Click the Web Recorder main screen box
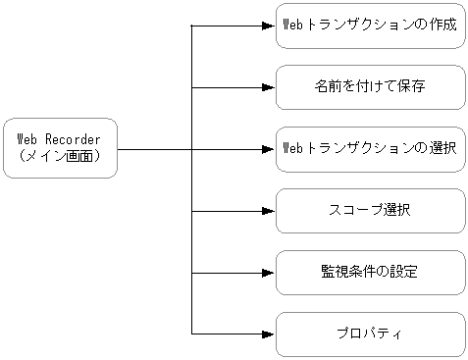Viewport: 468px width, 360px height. (x=60, y=148)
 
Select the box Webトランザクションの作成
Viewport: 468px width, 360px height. (x=370, y=26)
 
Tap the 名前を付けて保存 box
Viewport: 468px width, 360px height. (x=370, y=87)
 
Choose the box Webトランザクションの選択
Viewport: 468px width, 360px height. (x=370, y=149)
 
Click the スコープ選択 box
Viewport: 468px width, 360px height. (x=370, y=211)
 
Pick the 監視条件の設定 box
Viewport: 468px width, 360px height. (x=370, y=273)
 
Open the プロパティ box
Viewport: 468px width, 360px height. (x=370, y=334)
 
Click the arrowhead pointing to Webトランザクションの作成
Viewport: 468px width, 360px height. (x=268, y=26)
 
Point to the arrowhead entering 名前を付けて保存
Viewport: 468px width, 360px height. (x=268, y=87)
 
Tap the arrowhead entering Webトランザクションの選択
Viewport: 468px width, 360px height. (x=268, y=149)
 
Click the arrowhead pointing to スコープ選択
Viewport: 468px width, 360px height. (x=268, y=211)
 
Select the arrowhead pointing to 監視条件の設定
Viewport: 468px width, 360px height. (x=268, y=273)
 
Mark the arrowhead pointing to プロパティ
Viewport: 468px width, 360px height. (x=268, y=334)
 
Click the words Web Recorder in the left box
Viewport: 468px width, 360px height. (x=60, y=140)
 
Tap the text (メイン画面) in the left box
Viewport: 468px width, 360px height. (x=60, y=156)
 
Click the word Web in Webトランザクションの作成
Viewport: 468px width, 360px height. (x=291, y=26)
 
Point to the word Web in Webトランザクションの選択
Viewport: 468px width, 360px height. (x=291, y=149)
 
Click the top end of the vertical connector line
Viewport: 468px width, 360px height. (x=191, y=26)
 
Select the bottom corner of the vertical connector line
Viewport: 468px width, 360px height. (x=191, y=334)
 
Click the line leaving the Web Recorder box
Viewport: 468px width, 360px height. (x=153, y=149)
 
